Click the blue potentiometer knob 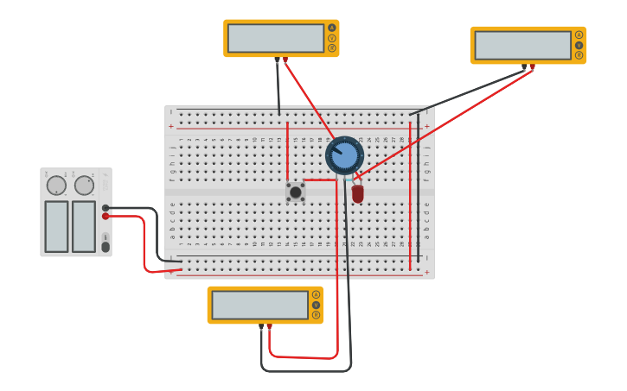click(344, 155)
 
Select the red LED click(357, 193)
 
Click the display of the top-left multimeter click(276, 38)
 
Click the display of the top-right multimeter click(522, 45)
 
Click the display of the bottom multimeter click(259, 305)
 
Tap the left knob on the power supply click(56, 186)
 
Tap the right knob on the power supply click(84, 186)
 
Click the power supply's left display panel click(56, 226)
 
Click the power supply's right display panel click(84, 226)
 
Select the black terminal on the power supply click(106, 208)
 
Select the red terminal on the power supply click(106, 217)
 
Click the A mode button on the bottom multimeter click(316, 294)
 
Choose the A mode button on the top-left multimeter click(331, 28)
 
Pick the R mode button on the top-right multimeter click(579, 55)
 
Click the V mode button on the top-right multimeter click(579, 45)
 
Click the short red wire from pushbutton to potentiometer click(318, 180)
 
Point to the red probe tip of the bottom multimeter click(269, 326)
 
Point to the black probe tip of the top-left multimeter click(277, 60)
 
